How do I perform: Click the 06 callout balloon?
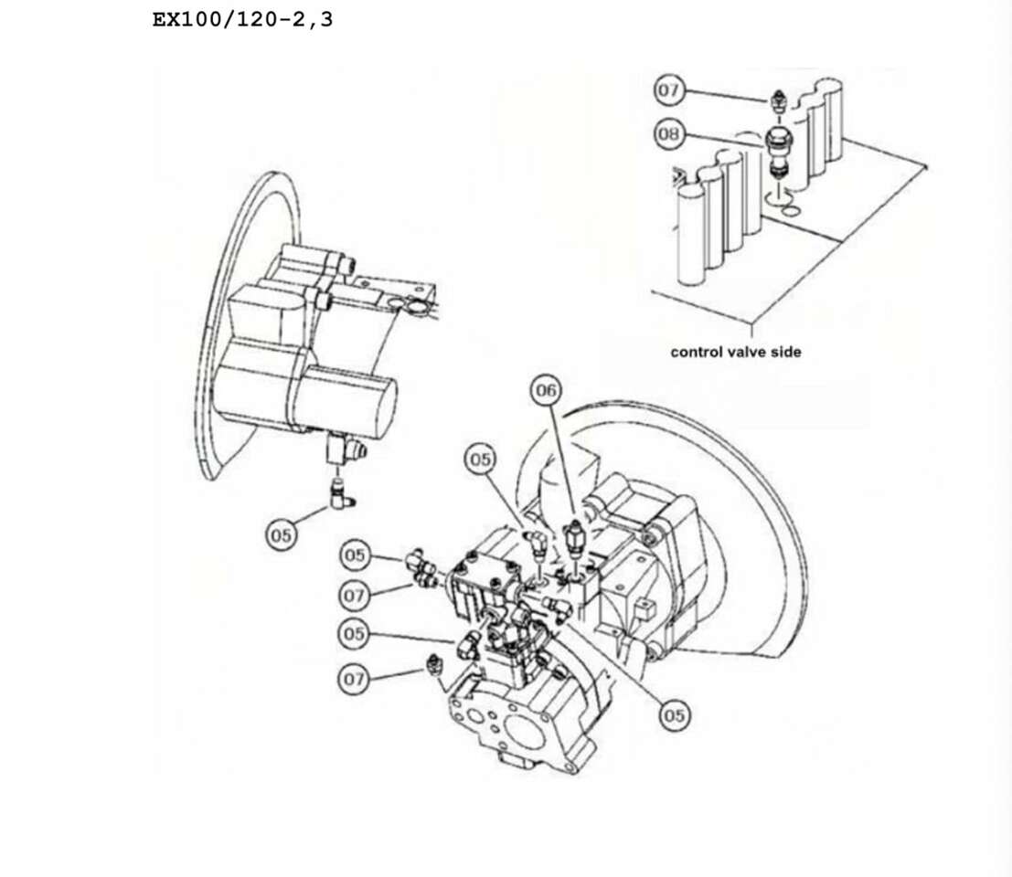point(546,392)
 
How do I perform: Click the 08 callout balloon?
point(668,134)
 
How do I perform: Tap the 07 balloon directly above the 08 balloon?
point(668,90)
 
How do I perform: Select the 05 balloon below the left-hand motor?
point(283,534)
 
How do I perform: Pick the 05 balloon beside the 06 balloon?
point(481,459)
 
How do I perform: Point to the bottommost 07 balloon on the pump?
point(355,679)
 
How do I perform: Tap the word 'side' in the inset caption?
point(785,352)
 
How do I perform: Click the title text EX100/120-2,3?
point(242,19)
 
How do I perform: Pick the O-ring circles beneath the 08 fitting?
point(783,202)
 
